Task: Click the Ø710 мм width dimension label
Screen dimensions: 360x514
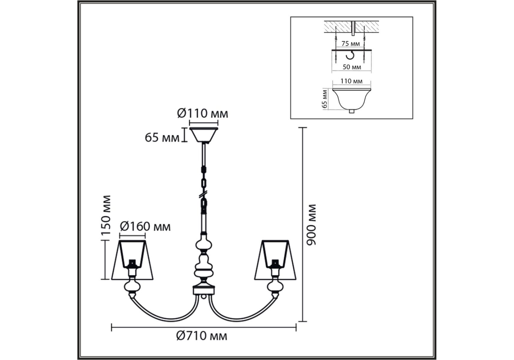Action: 201,336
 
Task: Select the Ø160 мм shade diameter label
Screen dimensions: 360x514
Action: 145,226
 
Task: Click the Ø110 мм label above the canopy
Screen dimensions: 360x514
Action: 202,113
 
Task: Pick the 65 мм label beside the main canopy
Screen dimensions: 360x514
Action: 162,138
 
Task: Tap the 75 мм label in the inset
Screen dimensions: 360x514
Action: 350,44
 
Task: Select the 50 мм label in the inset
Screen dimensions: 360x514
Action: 352,67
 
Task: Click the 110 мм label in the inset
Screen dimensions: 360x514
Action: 351,81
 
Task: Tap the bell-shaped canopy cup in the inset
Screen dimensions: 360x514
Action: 352,99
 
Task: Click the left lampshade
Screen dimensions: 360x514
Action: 132,260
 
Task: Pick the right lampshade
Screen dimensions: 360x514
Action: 275,260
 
